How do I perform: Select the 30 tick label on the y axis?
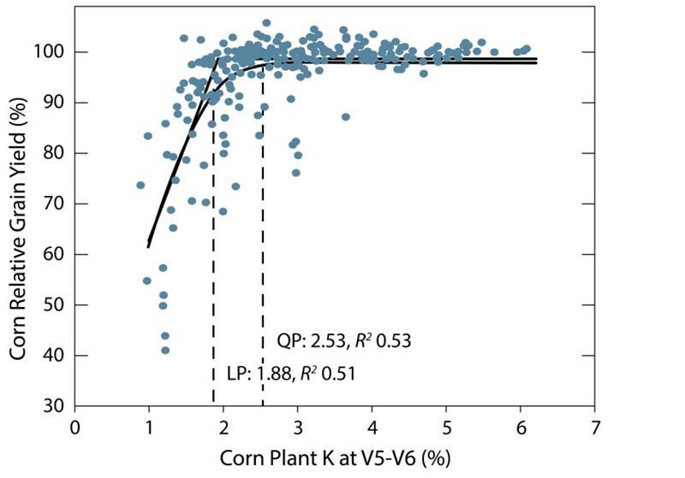(53, 406)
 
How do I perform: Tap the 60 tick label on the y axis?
(53, 255)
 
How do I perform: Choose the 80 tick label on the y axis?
(53, 154)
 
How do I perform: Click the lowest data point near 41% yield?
(165, 350)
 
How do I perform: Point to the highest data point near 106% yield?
(266, 23)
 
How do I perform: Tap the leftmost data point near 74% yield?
(140, 185)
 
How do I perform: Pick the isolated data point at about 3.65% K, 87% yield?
(345, 117)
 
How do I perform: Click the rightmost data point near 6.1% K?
(526, 49)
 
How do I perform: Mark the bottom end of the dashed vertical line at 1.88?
(213, 404)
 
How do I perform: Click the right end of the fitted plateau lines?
(536, 61)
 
